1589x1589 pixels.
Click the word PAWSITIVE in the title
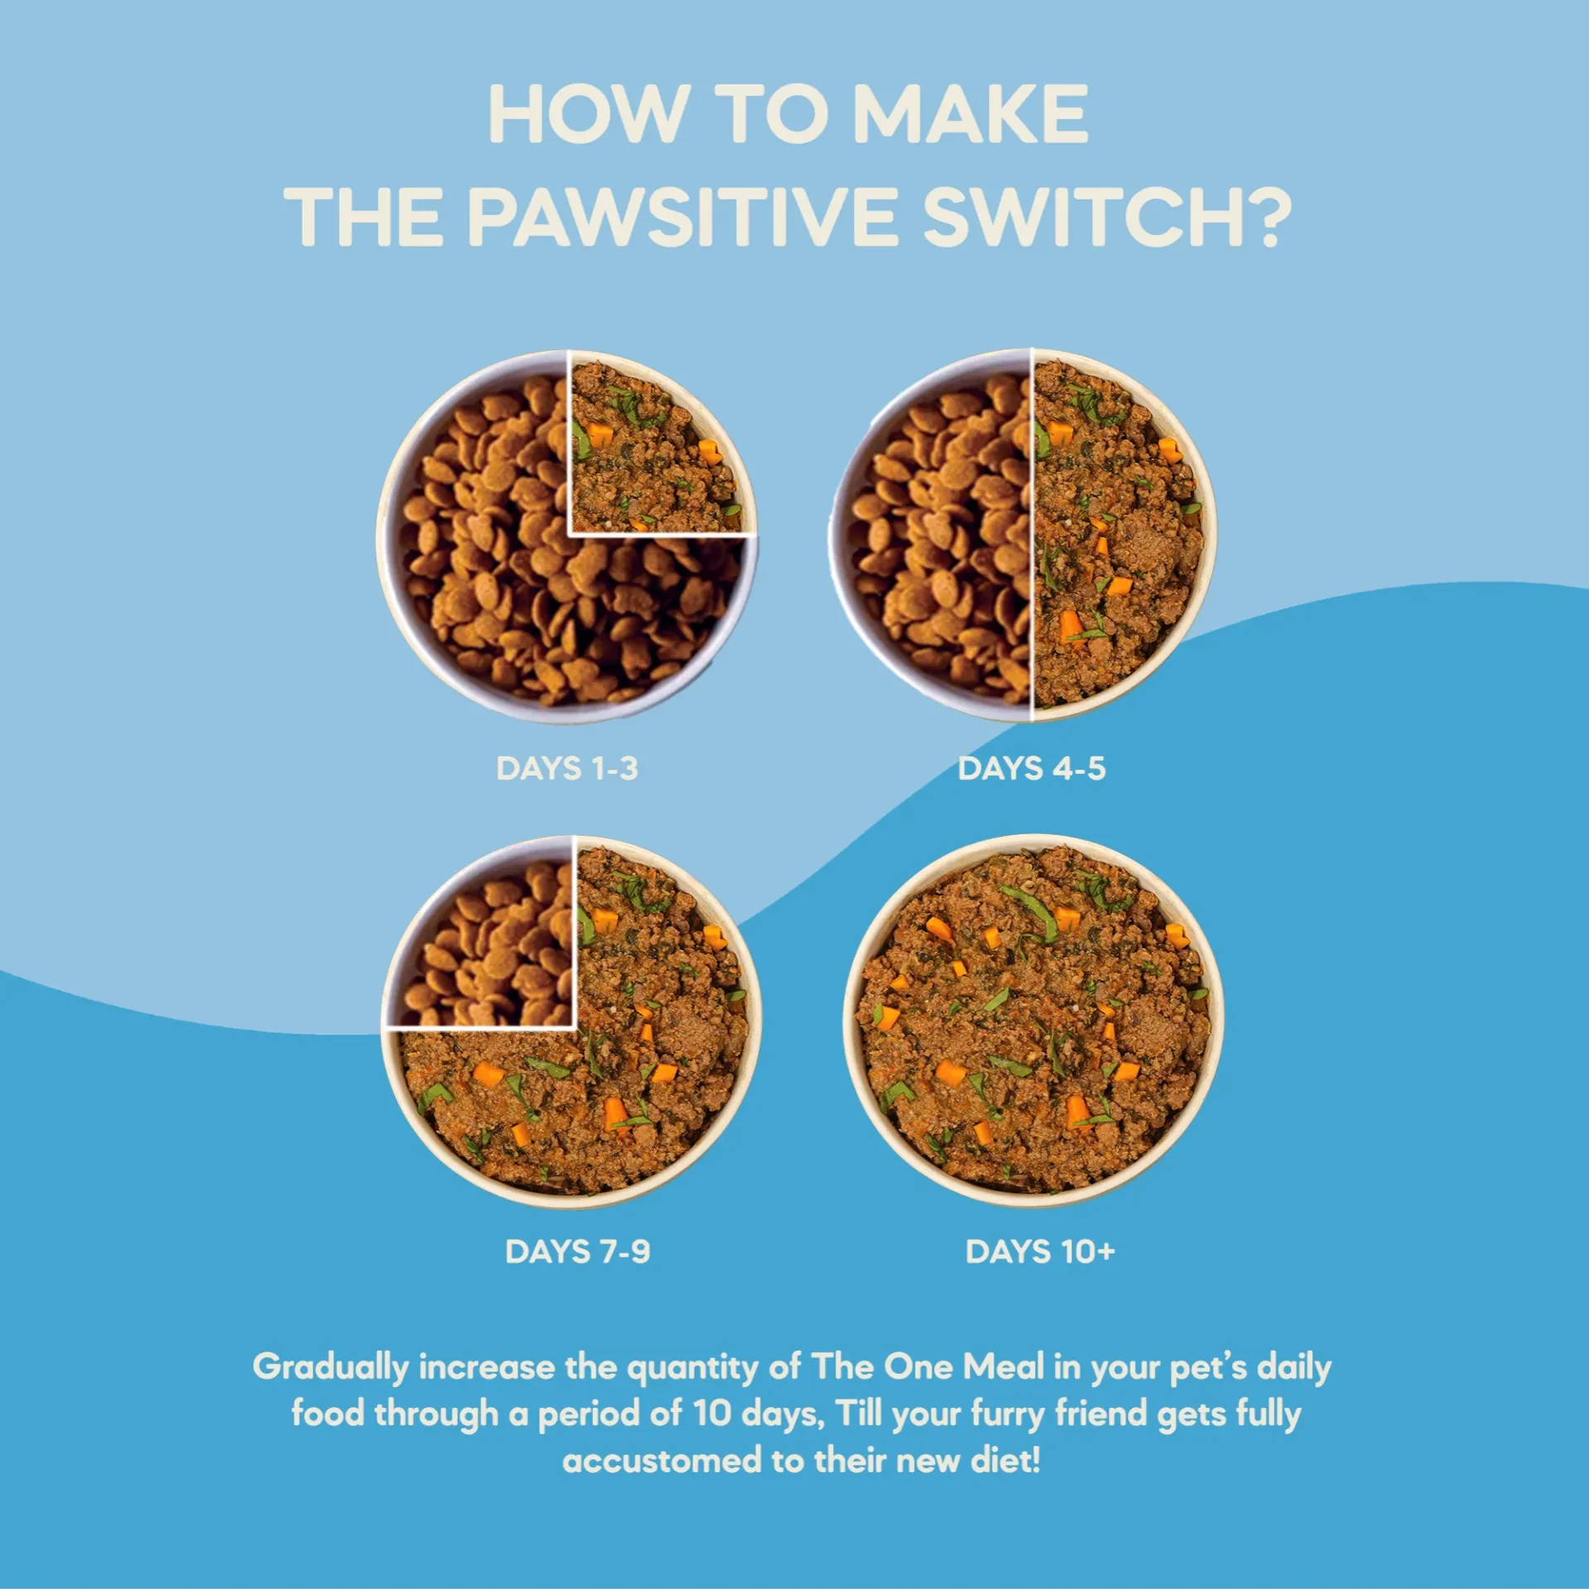[x=682, y=216]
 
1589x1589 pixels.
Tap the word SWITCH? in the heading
[x=1107, y=216]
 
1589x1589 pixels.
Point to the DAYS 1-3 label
[x=567, y=768]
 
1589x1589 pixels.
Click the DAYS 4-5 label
[x=1032, y=768]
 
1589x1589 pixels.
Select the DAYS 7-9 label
[x=578, y=1251]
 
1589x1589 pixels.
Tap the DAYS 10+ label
[x=1041, y=1251]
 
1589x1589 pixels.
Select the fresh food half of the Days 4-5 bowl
[x=1118, y=538]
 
